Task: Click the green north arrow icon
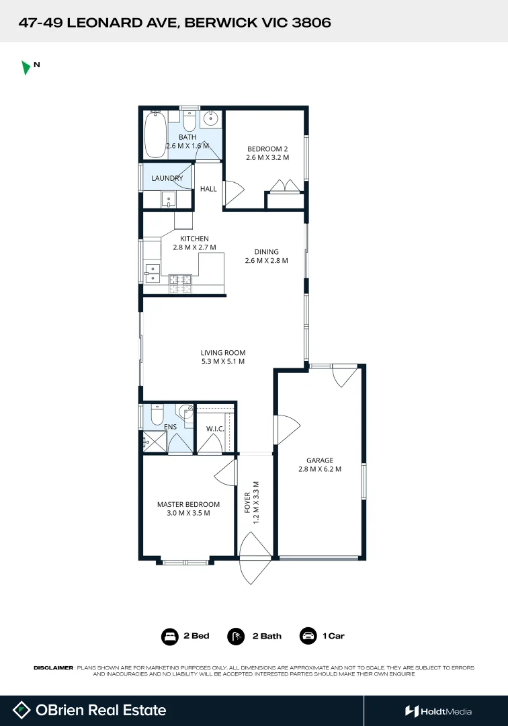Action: pyautogui.click(x=26, y=67)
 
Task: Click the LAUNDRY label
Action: pyautogui.click(x=167, y=178)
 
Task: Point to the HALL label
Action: pyautogui.click(x=208, y=189)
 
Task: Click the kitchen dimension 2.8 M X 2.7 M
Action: pyautogui.click(x=194, y=247)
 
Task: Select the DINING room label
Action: pyautogui.click(x=266, y=252)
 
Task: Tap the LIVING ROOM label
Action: pyautogui.click(x=223, y=352)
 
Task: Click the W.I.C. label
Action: pyautogui.click(x=215, y=428)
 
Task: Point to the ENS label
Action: pyautogui.click(x=170, y=426)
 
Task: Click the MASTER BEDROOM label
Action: pyautogui.click(x=188, y=504)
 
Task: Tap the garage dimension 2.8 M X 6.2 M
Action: pyautogui.click(x=320, y=469)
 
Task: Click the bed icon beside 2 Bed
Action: pyautogui.click(x=169, y=636)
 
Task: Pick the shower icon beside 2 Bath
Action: pyautogui.click(x=236, y=636)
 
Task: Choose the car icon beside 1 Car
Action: pyautogui.click(x=308, y=636)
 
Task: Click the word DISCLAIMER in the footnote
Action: pyautogui.click(x=53, y=668)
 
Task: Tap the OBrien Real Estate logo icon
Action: pyautogui.click(x=22, y=710)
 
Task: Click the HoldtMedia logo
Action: pyautogui.click(x=438, y=711)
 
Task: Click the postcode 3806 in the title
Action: pyautogui.click(x=312, y=23)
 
